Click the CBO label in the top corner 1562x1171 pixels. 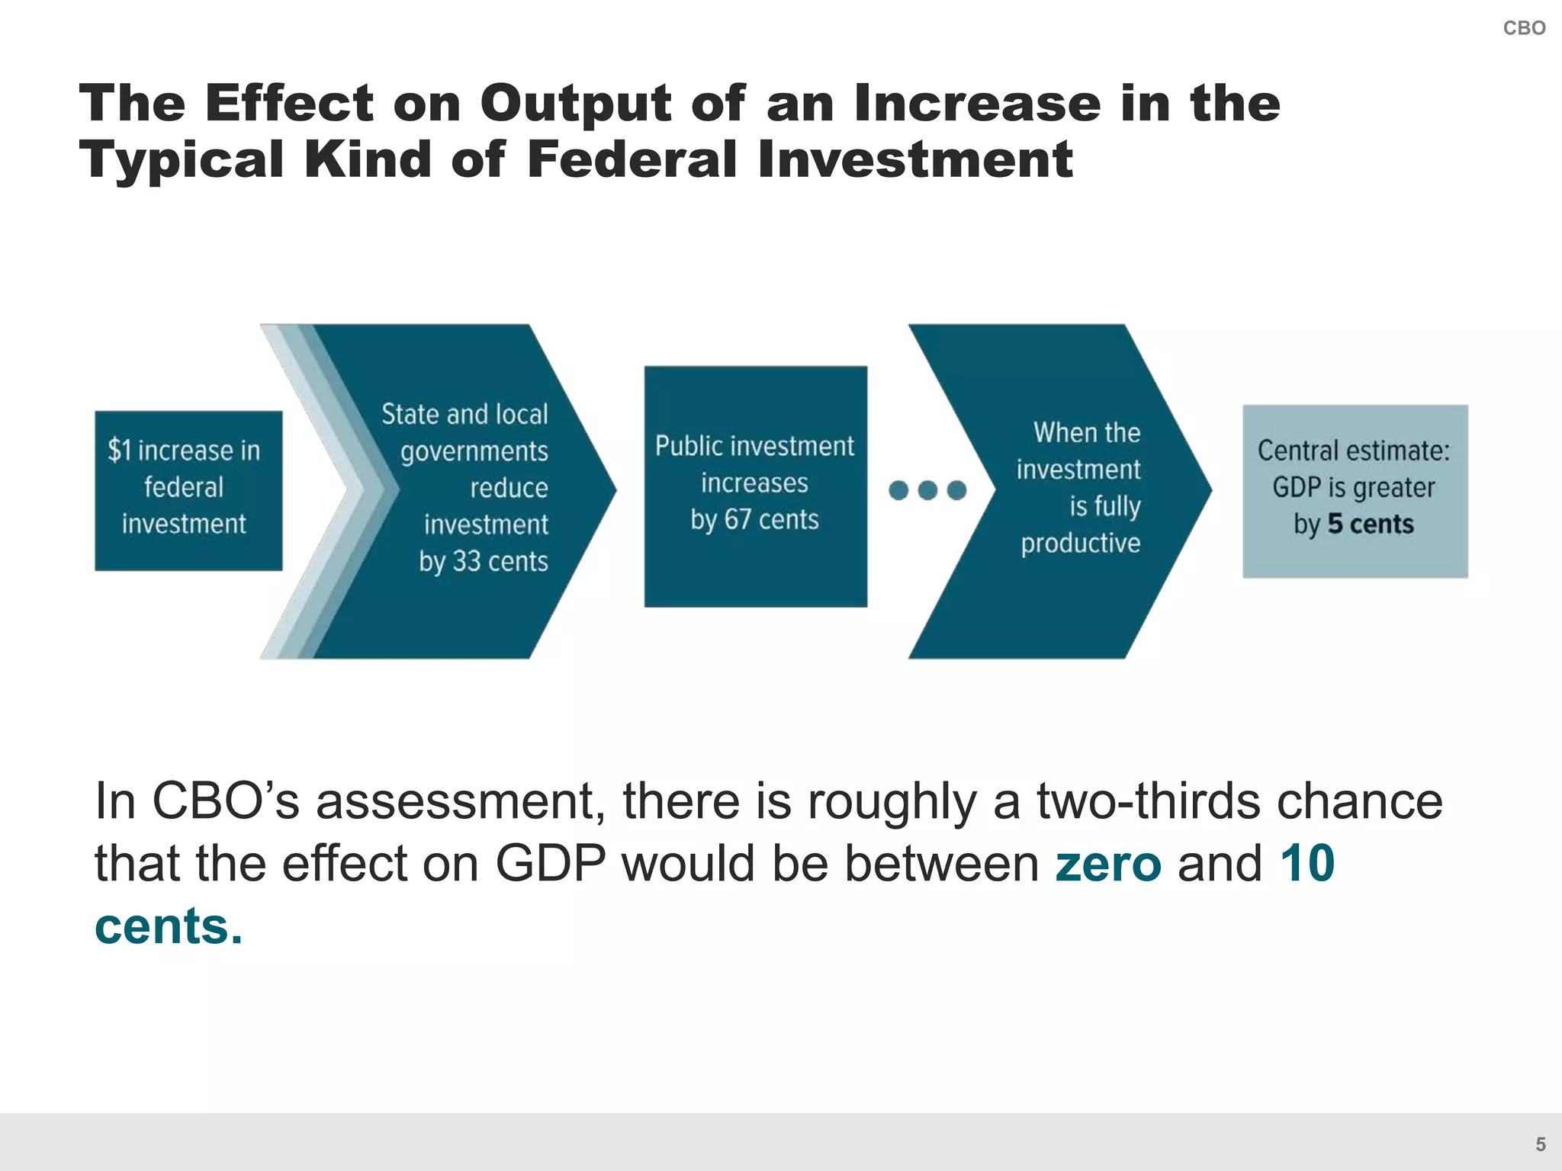(1523, 28)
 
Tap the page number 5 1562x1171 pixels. (1540, 1144)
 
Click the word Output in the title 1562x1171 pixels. (575, 103)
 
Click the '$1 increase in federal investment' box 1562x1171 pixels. (188, 490)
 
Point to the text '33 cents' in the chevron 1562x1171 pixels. (500, 561)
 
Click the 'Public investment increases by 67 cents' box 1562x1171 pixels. (755, 486)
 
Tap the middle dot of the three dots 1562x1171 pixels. (927, 490)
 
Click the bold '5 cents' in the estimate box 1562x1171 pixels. (1371, 525)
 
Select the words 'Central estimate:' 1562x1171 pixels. (1354, 451)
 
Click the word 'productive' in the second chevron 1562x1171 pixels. (1081, 543)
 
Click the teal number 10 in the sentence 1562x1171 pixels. (1307, 864)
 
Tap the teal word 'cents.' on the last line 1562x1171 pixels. (169, 926)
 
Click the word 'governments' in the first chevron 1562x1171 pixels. (474, 451)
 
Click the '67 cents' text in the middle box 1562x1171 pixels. (771, 520)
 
